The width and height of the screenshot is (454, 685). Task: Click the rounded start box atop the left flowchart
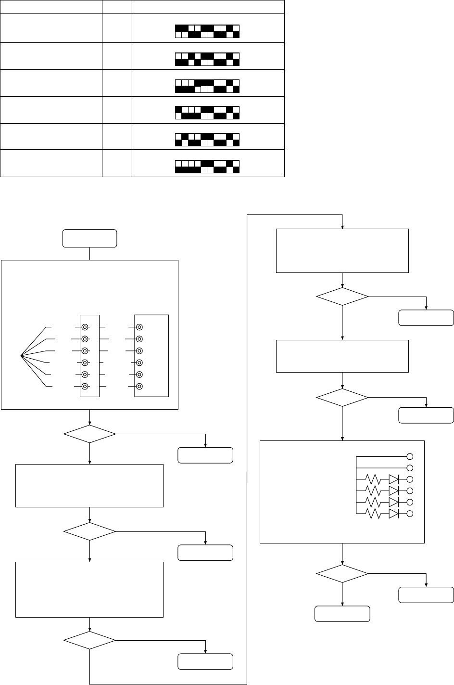click(90, 238)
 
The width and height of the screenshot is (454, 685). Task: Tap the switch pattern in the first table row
click(207, 31)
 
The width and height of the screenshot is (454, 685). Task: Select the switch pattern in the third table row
click(207, 86)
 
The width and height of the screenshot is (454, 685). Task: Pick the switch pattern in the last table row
click(207, 167)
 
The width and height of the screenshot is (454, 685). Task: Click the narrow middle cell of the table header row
click(116, 7)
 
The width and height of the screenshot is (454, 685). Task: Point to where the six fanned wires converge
click(21, 356)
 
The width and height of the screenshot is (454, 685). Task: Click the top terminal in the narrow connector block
click(85, 327)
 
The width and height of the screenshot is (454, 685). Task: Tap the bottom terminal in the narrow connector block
click(85, 387)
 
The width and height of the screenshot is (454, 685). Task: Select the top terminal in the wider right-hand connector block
click(139, 327)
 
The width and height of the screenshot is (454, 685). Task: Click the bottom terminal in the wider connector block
click(139, 387)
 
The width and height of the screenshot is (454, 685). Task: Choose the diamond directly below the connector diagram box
click(90, 434)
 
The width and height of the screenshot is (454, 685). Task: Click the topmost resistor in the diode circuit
click(373, 479)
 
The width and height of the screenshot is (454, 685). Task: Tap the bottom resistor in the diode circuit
click(373, 514)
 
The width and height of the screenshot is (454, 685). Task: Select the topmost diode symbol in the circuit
click(393, 479)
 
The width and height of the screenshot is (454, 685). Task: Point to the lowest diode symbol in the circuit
click(393, 514)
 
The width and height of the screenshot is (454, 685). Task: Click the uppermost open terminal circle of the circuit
click(410, 456)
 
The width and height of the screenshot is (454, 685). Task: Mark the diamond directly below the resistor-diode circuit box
click(342, 573)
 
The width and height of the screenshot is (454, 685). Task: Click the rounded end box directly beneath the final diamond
click(342, 614)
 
